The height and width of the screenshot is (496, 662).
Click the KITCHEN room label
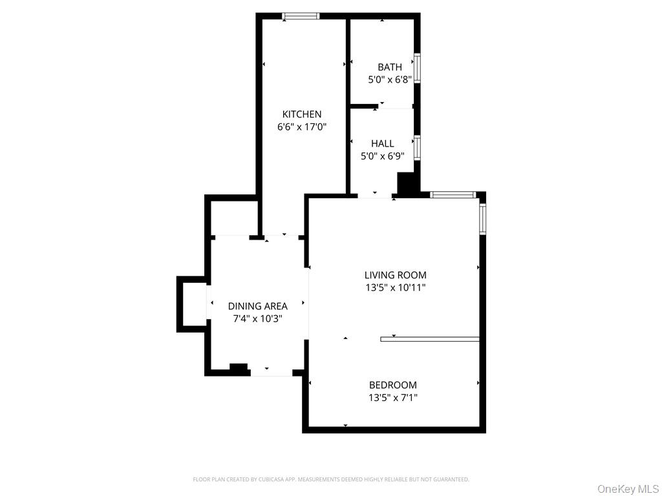[x=301, y=114]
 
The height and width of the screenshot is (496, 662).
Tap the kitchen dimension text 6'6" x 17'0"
[x=301, y=127]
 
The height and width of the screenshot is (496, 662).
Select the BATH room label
[x=390, y=67]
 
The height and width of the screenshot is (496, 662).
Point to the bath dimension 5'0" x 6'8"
[x=390, y=79]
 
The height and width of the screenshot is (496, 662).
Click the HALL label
[x=382, y=143]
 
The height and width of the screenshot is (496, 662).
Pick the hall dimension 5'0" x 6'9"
[x=382, y=156]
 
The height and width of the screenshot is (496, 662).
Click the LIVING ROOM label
[x=396, y=275]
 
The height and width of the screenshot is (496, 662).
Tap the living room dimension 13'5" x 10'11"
[x=396, y=287]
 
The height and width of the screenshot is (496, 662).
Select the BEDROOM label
[x=393, y=385]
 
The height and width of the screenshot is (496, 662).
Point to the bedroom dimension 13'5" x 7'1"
[x=393, y=398]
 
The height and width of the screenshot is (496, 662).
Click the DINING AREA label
[x=257, y=306]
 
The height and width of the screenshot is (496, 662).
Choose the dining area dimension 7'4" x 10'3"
[x=257, y=318]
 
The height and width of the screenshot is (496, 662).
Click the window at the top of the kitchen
[x=301, y=16]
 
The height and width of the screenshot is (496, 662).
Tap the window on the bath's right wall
[x=418, y=68]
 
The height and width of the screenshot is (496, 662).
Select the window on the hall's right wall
[x=418, y=147]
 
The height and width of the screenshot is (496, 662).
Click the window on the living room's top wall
[x=453, y=194]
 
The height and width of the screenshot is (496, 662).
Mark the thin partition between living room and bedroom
[x=430, y=338]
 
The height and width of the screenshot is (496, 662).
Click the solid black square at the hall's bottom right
[x=406, y=183]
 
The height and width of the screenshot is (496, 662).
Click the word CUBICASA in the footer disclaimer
[x=256, y=479]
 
